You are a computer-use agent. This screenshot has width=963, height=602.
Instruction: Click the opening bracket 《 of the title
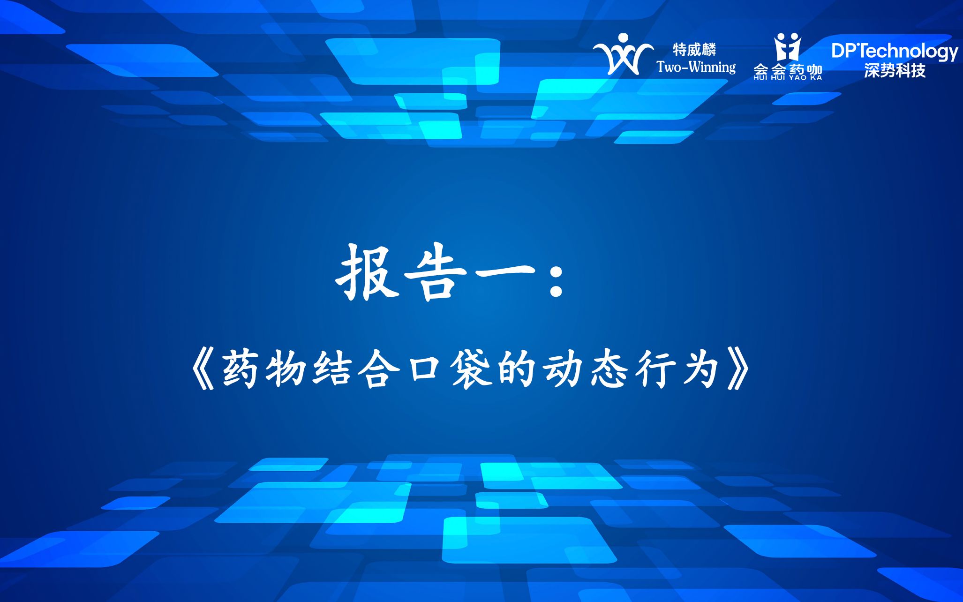pyautogui.click(x=202, y=370)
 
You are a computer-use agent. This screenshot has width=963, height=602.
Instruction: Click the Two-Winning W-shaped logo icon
pyautogui.click(x=623, y=54)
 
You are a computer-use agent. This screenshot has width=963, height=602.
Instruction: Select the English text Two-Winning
pyautogui.click(x=696, y=68)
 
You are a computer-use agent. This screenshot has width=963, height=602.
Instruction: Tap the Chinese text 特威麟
pyautogui.click(x=694, y=49)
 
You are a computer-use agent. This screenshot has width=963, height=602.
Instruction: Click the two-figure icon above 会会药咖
pyautogui.click(x=787, y=47)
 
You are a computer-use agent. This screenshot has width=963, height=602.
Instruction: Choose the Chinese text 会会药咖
pyautogui.click(x=788, y=69)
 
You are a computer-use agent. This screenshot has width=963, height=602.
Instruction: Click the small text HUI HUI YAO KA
pyautogui.click(x=788, y=78)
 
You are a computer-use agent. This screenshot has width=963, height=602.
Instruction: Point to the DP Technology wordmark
pyautogui.click(x=894, y=51)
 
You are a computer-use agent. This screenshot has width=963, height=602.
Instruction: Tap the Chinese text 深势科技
pyautogui.click(x=895, y=71)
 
